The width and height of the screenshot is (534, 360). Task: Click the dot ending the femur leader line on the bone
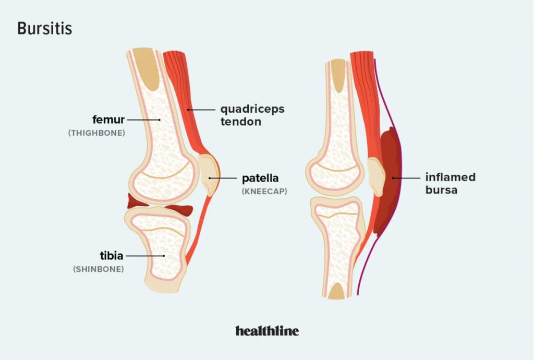click(160, 120)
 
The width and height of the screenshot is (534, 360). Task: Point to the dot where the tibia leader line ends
click(164, 256)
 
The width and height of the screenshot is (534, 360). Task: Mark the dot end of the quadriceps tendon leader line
click(188, 110)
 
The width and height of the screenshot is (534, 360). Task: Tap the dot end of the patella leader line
click(210, 178)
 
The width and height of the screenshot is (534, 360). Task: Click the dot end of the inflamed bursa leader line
click(393, 178)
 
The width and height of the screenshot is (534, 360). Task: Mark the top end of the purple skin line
click(375, 59)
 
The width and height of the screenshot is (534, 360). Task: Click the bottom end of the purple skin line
click(358, 295)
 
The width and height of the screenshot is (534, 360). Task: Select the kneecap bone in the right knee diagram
click(377, 176)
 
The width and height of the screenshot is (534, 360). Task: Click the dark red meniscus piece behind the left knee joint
click(137, 201)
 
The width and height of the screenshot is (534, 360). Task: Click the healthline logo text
click(267, 331)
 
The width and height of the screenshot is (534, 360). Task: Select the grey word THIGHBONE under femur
click(96, 133)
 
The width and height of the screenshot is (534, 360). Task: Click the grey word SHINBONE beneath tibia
click(99, 269)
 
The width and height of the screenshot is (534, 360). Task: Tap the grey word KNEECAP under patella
click(264, 191)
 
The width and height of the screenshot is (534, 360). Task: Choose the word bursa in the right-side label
click(441, 190)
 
